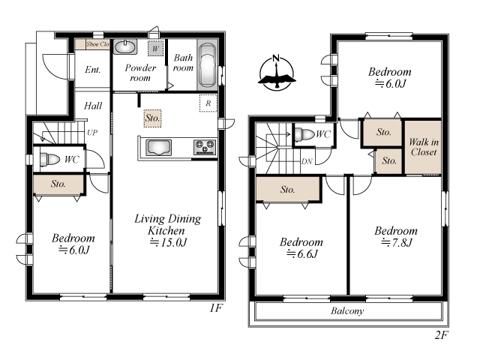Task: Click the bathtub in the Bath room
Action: pyautogui.click(x=207, y=65)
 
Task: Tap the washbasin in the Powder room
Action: pyautogui.click(x=125, y=47)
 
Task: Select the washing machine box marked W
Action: pyautogui.click(x=155, y=48)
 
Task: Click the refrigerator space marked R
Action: pyautogui.click(x=208, y=103)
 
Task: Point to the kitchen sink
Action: pyautogui.click(x=158, y=148)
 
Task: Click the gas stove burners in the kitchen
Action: pyautogui.click(x=205, y=147)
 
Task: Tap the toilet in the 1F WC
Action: pyautogui.click(x=50, y=159)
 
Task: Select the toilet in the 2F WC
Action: pyautogui.click(x=304, y=134)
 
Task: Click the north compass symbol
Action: pyautogui.click(x=277, y=73)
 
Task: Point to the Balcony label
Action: pyautogui.click(x=347, y=311)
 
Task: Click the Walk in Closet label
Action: pyautogui.click(x=424, y=147)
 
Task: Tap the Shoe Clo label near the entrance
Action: pyautogui.click(x=97, y=44)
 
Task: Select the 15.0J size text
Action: pyautogui.click(x=168, y=242)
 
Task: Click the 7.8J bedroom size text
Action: pyautogui.click(x=397, y=242)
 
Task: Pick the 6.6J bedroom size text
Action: pyautogui.click(x=302, y=253)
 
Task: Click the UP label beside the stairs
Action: pyautogui.click(x=92, y=133)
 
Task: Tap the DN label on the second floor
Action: pyautogui.click(x=307, y=161)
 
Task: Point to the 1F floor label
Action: pyautogui.click(x=215, y=308)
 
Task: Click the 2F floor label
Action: pyautogui.click(x=442, y=335)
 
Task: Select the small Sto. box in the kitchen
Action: pyautogui.click(x=152, y=118)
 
